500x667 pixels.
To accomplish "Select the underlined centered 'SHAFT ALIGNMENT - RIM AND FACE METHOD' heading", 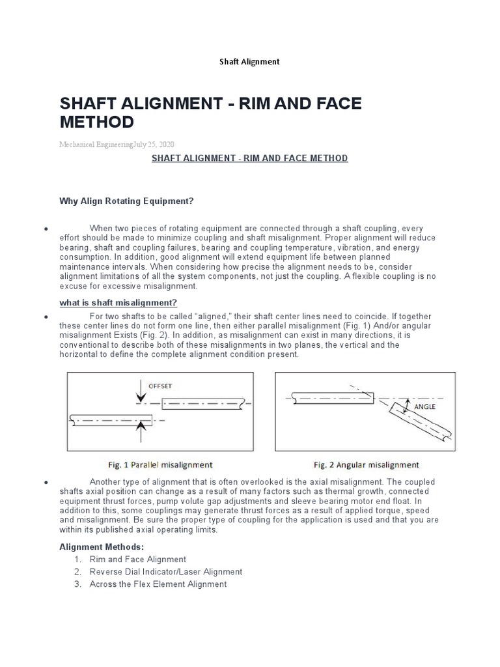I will (250, 158).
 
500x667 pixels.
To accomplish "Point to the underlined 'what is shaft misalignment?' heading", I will (118, 303).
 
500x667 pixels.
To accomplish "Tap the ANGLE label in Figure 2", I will (424, 405).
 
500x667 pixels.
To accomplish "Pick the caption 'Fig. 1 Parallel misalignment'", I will (160, 465).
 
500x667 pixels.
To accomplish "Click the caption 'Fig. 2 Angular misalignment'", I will (367, 465).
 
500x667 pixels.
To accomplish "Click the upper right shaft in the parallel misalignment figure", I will (204, 405).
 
